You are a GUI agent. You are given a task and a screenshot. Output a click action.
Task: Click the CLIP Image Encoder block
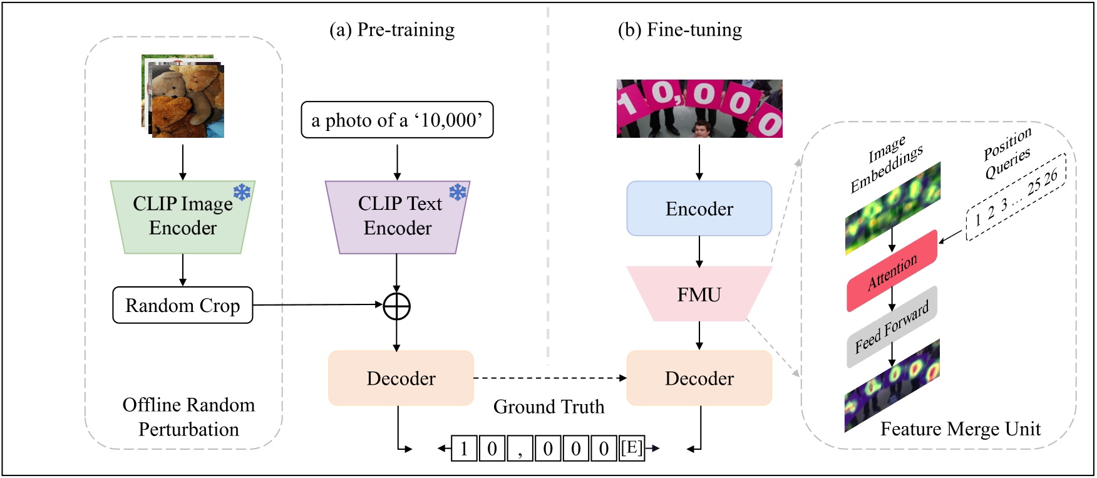(x=182, y=217)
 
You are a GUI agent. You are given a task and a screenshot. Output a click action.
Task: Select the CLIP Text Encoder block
(x=397, y=217)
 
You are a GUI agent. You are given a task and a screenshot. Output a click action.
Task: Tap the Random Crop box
(x=182, y=305)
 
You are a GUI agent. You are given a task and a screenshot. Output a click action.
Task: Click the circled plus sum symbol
(x=396, y=306)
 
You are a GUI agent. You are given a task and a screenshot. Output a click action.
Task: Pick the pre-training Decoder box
(x=401, y=378)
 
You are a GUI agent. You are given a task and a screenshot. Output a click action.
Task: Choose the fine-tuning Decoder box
(x=699, y=378)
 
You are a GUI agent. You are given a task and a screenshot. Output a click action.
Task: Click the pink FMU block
(x=699, y=294)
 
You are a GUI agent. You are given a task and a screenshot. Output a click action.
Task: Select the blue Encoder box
(x=699, y=209)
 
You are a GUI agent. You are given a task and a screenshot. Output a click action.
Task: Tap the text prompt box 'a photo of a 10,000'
(x=397, y=120)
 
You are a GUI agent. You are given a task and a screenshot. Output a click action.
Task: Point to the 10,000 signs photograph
(x=699, y=108)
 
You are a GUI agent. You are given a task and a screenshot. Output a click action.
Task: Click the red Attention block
(x=892, y=271)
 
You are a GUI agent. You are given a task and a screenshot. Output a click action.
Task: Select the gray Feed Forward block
(x=892, y=327)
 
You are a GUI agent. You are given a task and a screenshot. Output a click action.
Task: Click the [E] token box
(x=631, y=448)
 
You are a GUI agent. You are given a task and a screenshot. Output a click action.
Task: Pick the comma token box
(x=520, y=449)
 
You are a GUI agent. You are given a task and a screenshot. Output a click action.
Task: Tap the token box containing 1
(x=464, y=449)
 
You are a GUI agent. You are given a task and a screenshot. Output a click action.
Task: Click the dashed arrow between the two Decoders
(x=550, y=378)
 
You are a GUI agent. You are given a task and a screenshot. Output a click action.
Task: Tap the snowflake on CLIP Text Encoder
(x=458, y=192)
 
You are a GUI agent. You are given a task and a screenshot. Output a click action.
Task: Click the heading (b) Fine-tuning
(x=679, y=29)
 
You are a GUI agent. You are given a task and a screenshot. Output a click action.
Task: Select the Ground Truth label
(x=548, y=407)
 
